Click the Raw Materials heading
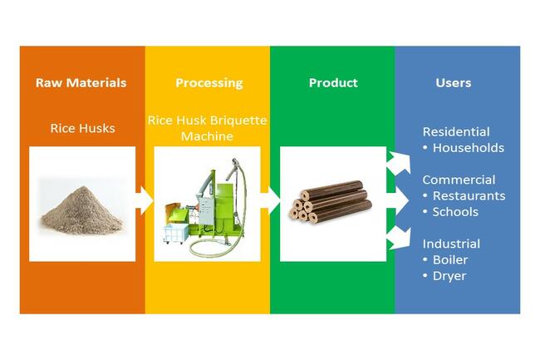(81, 82)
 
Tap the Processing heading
(209, 83)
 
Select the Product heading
(333, 82)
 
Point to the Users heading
(454, 82)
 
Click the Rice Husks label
(82, 128)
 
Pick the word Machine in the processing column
(207, 136)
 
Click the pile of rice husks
(82, 210)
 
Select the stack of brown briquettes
(331, 202)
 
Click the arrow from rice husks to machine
(144, 201)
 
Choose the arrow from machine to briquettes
(270, 201)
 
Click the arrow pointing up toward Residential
(399, 163)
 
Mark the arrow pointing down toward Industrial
(399, 239)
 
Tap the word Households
(469, 148)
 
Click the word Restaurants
(469, 195)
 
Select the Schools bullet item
(451, 212)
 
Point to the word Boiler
(450, 259)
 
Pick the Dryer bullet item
(444, 276)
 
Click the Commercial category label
(459, 180)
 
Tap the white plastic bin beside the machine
(176, 234)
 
